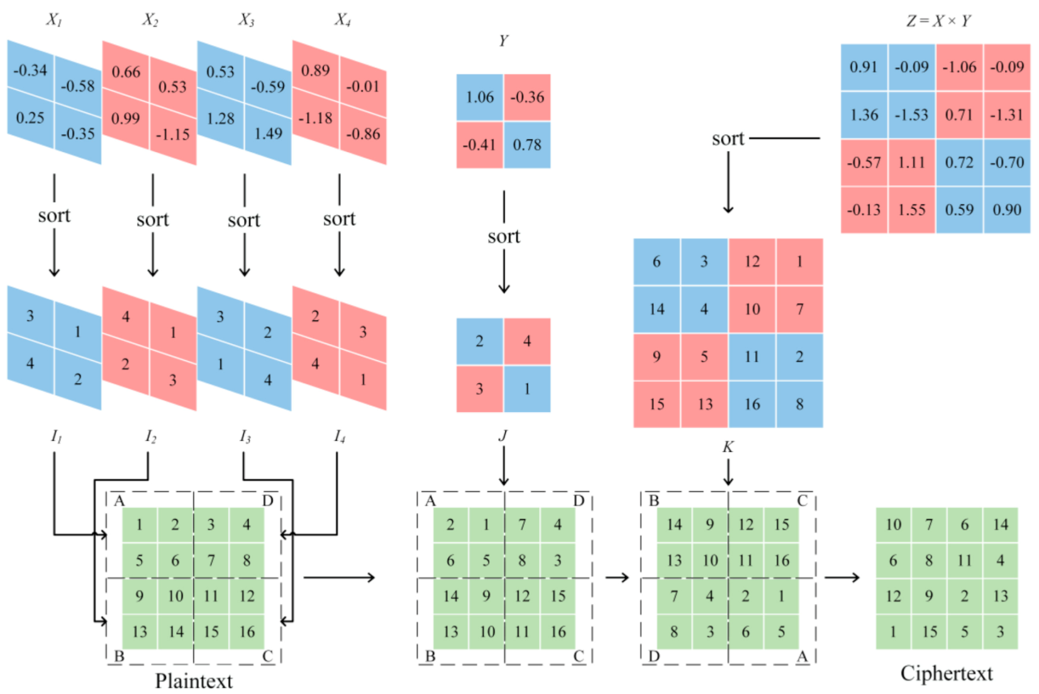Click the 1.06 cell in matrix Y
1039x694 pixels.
click(x=479, y=98)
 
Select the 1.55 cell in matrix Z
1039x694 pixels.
click(x=911, y=210)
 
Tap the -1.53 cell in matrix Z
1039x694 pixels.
click(x=911, y=115)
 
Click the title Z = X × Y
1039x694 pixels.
click(x=938, y=21)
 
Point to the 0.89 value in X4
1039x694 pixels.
click(x=315, y=70)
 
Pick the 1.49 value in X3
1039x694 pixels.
click(x=268, y=133)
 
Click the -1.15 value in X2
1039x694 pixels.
click(x=172, y=135)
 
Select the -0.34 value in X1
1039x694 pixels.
click(x=30, y=70)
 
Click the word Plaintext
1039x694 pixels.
click(x=194, y=681)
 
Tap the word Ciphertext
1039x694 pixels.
click(x=946, y=673)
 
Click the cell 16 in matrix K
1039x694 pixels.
click(x=752, y=405)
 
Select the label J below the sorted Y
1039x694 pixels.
click(x=503, y=435)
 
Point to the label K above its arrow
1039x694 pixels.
click(x=728, y=447)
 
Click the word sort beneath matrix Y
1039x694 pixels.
click(x=504, y=237)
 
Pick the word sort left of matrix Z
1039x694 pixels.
click(x=728, y=138)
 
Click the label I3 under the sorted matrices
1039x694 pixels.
click(x=245, y=436)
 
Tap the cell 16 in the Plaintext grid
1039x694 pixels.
click(x=247, y=632)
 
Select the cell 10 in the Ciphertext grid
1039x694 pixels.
click(x=893, y=525)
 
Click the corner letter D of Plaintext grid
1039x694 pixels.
click(x=267, y=501)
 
